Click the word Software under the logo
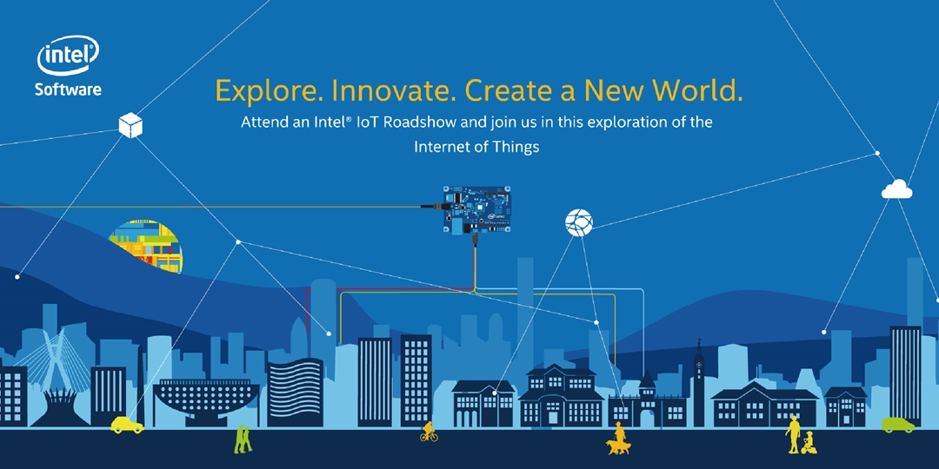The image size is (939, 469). point(68,89)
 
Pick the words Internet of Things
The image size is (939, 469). point(476,147)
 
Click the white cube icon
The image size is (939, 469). point(130,126)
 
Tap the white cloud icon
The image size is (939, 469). point(896,188)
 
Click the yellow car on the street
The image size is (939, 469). point(127,425)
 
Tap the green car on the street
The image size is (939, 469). point(897,425)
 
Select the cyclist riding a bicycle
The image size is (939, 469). point(429,431)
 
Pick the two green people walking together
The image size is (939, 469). point(243,438)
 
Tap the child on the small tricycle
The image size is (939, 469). point(809,443)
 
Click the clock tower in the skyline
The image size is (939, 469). point(697,373)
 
